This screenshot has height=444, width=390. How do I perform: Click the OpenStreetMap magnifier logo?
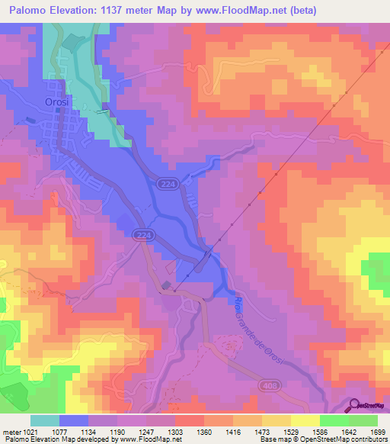coord(353,406)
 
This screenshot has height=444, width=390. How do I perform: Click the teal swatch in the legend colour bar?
coord(45,420)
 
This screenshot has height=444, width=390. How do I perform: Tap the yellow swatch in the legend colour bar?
coord(305,420)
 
